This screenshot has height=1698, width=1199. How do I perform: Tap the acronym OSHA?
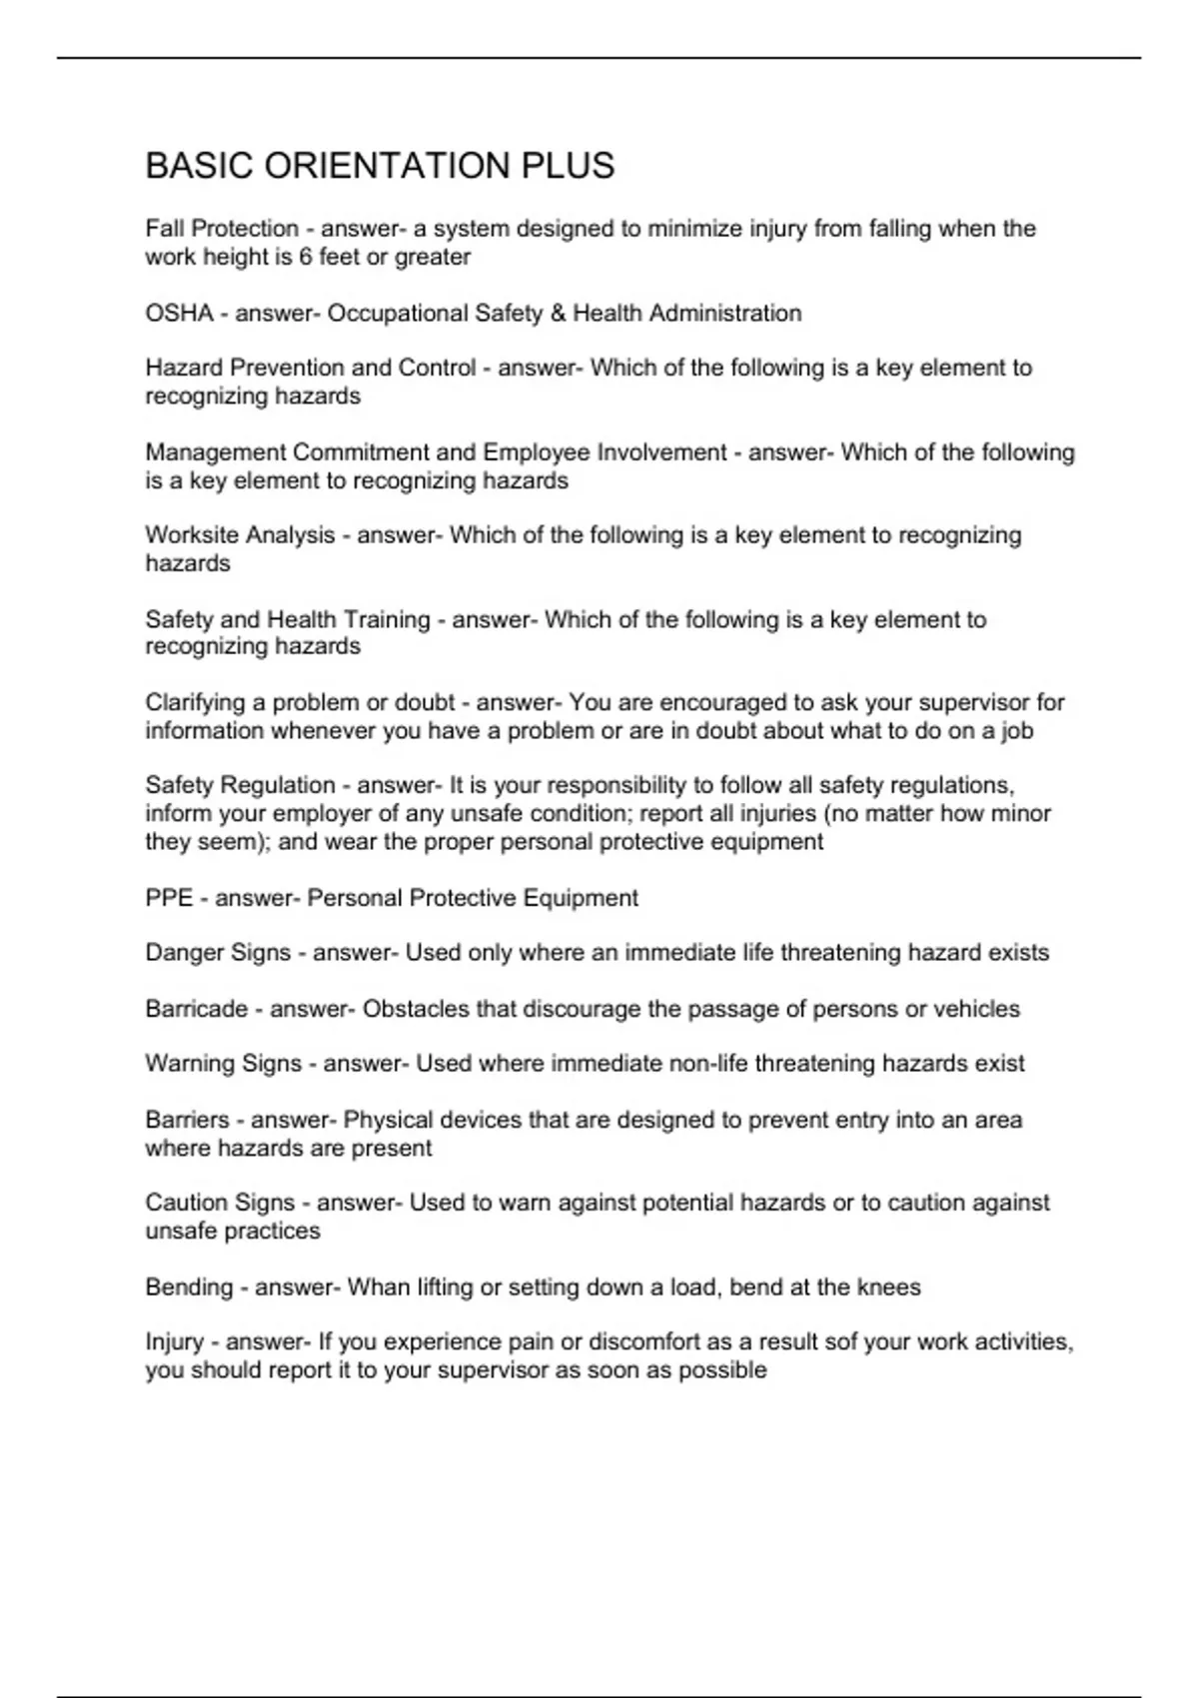[x=179, y=314]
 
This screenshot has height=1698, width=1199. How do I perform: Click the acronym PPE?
[x=169, y=898]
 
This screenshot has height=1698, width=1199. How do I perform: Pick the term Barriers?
[x=187, y=1120]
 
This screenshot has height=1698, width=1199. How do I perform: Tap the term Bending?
[x=189, y=1286]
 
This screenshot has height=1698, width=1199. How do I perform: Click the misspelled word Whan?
[x=373, y=1286]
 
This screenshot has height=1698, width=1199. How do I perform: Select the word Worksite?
[x=190, y=535]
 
